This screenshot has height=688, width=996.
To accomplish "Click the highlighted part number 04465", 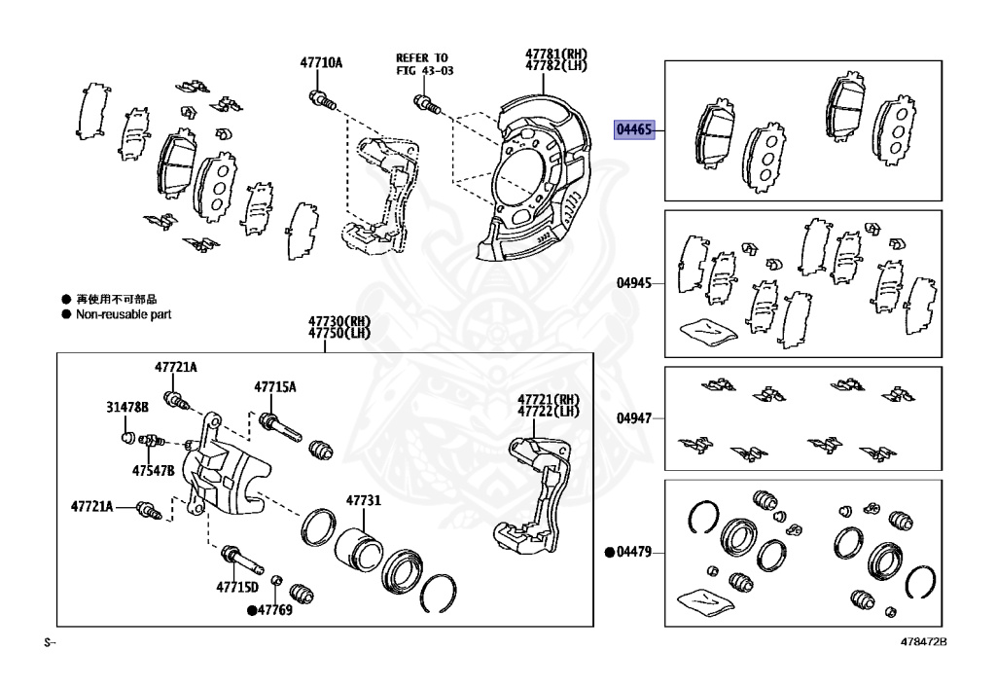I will click(x=634, y=129).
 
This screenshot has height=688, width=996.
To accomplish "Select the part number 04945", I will click(x=633, y=284).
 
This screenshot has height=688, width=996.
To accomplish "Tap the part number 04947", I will click(x=633, y=419).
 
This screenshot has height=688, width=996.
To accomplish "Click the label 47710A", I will click(x=320, y=63).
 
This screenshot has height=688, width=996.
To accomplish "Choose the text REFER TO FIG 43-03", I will click(x=423, y=64).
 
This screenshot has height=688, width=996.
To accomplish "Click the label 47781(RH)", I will click(x=556, y=54).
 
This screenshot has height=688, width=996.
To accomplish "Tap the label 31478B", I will click(x=127, y=407).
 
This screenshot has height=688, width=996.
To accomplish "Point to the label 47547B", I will click(x=154, y=471).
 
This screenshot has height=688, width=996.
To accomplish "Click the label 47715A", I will click(x=275, y=387).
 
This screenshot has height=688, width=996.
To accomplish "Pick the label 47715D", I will click(x=237, y=587).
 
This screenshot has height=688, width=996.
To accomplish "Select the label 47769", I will click(x=274, y=611).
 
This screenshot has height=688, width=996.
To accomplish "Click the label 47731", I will click(x=363, y=501).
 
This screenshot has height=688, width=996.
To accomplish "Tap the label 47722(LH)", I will click(x=548, y=412).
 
